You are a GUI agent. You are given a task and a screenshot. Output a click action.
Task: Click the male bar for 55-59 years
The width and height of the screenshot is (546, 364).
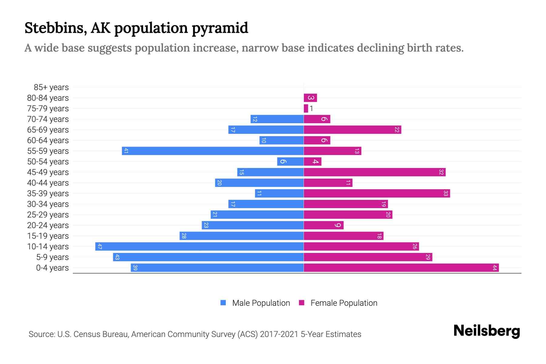[x=213, y=151]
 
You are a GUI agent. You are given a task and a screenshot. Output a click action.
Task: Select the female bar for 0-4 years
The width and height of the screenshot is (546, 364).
[x=401, y=268]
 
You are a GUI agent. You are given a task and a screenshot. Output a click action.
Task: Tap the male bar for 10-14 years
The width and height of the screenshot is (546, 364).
[x=199, y=246]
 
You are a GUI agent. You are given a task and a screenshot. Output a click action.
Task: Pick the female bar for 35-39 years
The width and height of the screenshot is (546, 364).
[x=377, y=193]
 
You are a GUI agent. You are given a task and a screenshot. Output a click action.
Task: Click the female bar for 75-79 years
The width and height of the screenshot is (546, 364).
[x=306, y=108]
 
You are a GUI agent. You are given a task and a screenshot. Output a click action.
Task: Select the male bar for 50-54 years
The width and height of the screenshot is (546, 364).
[x=290, y=161]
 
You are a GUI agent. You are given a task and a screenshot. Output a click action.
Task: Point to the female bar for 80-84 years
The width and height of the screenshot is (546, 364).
[x=310, y=98]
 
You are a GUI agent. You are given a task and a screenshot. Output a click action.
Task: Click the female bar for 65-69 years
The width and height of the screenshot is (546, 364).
[x=352, y=130]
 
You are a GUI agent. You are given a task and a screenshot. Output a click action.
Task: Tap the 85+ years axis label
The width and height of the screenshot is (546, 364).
[x=51, y=87]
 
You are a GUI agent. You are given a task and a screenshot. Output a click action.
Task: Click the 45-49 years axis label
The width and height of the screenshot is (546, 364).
[x=48, y=172]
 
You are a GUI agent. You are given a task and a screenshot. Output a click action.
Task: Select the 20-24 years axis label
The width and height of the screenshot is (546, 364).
[x=48, y=225]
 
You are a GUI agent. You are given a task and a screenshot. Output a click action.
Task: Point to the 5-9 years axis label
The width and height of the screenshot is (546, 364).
[x=52, y=257]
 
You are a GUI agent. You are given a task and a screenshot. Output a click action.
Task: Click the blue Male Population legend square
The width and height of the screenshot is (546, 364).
[x=223, y=303]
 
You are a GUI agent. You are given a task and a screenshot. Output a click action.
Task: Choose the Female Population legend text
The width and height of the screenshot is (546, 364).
[x=344, y=303]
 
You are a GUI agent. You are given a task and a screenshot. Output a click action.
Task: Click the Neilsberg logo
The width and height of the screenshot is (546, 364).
[x=487, y=331]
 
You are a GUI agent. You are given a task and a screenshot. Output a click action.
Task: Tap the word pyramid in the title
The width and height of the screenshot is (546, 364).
[x=220, y=28]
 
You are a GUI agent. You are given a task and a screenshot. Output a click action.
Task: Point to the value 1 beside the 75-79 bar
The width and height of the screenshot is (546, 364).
[x=311, y=109]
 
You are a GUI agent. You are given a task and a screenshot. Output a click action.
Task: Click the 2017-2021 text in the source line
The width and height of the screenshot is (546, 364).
[x=279, y=334]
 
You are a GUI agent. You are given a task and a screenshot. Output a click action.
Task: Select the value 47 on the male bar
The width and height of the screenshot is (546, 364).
[x=99, y=246]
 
